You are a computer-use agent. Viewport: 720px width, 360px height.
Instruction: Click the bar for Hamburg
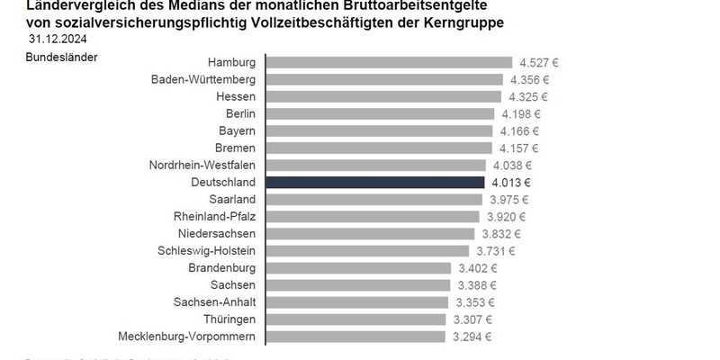click(390, 62)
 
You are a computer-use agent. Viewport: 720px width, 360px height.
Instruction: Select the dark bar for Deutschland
click(376, 182)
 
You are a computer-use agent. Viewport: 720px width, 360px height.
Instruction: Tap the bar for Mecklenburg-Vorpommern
click(356, 337)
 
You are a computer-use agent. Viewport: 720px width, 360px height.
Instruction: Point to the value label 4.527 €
click(539, 63)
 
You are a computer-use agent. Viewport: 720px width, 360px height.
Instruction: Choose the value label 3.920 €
click(505, 217)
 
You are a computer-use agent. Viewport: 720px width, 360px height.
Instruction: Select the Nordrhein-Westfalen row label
click(202, 165)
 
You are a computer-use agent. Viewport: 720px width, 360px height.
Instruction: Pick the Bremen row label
click(235, 148)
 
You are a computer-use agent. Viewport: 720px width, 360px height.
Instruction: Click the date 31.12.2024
click(58, 40)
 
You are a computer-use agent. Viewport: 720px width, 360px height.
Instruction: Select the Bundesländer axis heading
click(61, 58)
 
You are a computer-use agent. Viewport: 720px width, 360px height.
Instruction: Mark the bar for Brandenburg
click(359, 268)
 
